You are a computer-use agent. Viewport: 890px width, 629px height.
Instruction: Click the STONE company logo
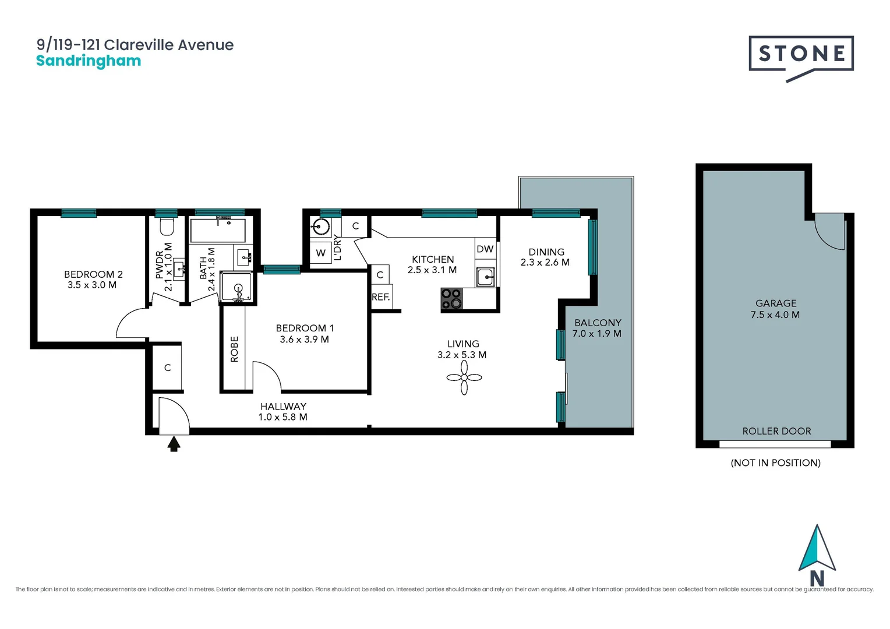pyautogui.click(x=801, y=55)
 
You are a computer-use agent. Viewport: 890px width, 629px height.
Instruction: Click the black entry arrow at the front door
pyautogui.click(x=174, y=444)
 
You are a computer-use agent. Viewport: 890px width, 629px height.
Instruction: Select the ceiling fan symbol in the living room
pyautogui.click(x=464, y=377)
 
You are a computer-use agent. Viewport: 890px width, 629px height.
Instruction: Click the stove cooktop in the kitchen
pyautogui.click(x=451, y=299)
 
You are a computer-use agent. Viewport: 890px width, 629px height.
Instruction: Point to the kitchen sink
pyautogui.click(x=485, y=277)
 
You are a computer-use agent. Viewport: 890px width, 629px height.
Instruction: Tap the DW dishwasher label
pyautogui.click(x=485, y=249)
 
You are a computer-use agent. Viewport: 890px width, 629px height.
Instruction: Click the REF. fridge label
pyautogui.click(x=381, y=297)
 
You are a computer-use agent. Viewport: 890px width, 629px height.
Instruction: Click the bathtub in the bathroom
pyautogui.click(x=217, y=231)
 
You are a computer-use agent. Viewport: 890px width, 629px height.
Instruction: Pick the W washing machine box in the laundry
pyautogui.click(x=320, y=253)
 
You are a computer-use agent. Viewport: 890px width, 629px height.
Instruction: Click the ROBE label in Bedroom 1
pyautogui.click(x=234, y=349)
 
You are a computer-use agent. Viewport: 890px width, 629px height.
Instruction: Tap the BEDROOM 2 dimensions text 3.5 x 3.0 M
pyautogui.click(x=92, y=285)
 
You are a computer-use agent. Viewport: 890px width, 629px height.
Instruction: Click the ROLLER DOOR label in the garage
pyautogui.click(x=776, y=431)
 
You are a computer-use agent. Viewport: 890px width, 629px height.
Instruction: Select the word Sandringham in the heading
pyautogui.click(x=89, y=61)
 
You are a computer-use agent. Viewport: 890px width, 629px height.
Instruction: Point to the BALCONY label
pyautogui.click(x=598, y=323)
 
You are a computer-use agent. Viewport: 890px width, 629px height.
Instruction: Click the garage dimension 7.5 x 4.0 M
pyautogui.click(x=775, y=314)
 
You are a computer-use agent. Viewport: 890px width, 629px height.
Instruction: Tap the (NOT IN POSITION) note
pyautogui.click(x=775, y=462)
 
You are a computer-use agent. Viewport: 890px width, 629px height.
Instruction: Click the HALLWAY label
pyautogui.click(x=283, y=407)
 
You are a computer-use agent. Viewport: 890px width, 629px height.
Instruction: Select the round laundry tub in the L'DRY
pyautogui.click(x=320, y=226)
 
